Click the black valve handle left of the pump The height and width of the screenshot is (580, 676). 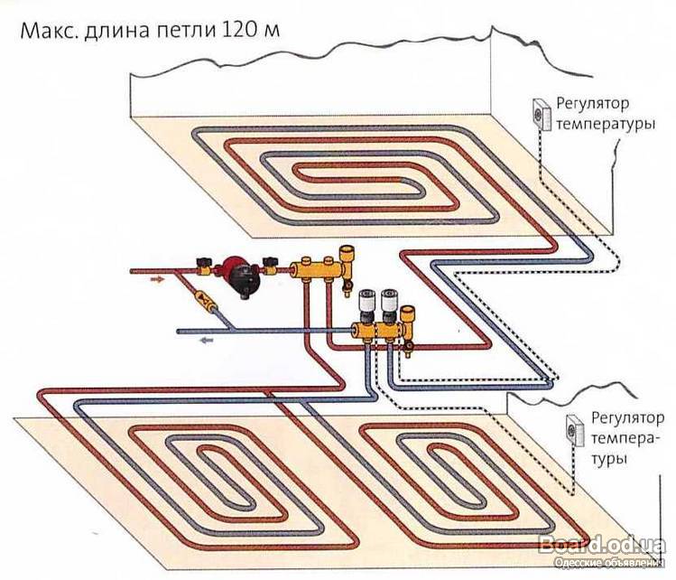tap(207, 267)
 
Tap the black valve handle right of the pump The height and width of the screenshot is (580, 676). tap(270, 266)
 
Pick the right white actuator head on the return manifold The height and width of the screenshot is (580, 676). tap(391, 303)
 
